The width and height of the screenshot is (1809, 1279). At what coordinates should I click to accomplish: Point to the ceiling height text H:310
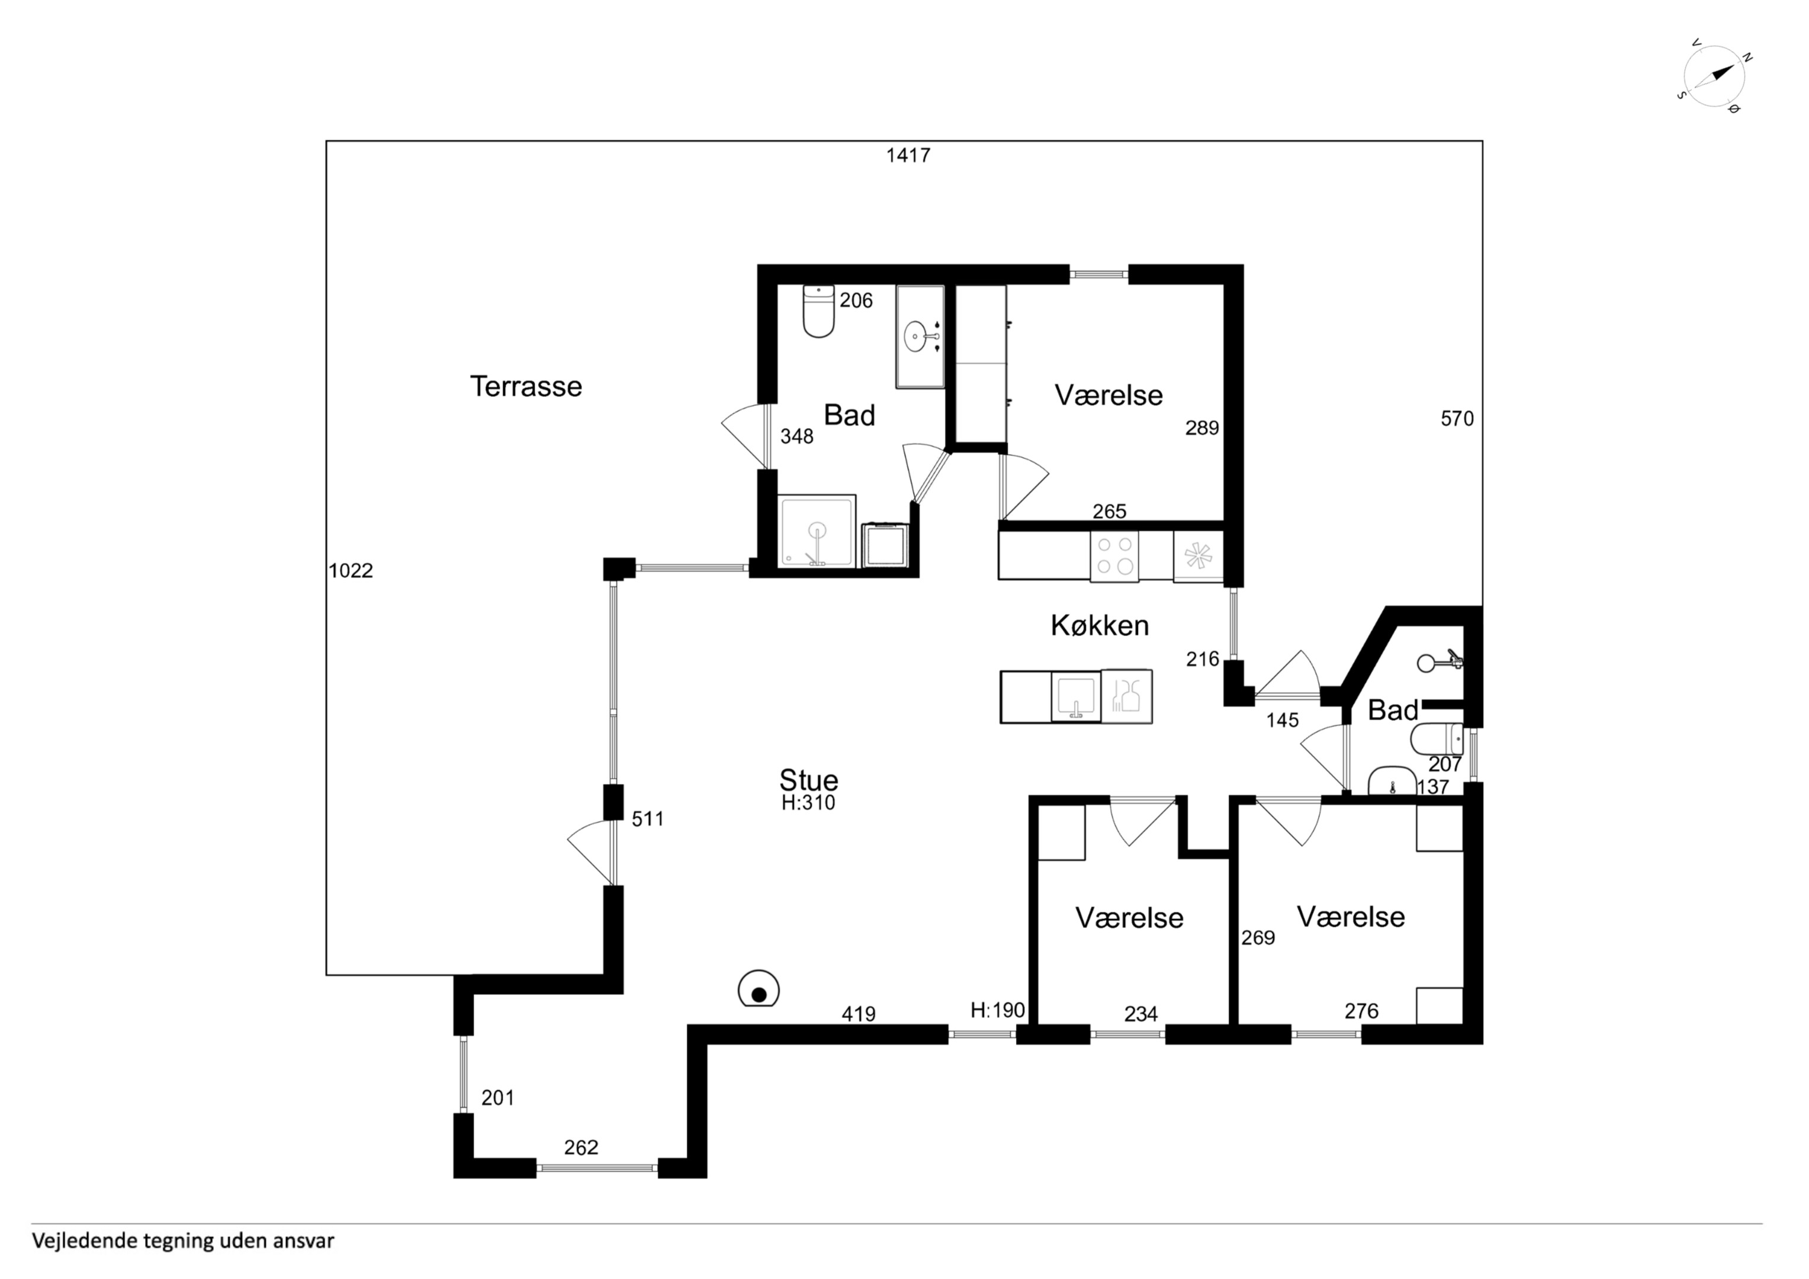click(x=808, y=803)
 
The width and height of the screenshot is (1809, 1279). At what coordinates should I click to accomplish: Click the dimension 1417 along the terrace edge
click(x=908, y=155)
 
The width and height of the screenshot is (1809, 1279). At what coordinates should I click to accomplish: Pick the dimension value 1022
click(x=351, y=571)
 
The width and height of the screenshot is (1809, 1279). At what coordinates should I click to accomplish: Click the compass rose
click(x=1714, y=77)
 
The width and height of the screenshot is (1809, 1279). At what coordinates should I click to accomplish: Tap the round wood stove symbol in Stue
click(x=759, y=988)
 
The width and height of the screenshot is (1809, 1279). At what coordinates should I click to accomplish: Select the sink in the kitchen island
click(x=1075, y=696)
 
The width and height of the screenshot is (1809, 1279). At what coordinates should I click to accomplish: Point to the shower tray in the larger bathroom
click(x=817, y=531)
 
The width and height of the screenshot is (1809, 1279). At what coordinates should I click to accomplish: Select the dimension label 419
click(x=858, y=1014)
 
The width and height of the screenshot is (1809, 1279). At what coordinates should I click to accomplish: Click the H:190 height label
click(x=998, y=1010)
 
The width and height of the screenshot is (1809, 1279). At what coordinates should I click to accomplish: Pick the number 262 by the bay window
click(x=581, y=1148)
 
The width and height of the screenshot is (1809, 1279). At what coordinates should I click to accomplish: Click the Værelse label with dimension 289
click(x=1108, y=395)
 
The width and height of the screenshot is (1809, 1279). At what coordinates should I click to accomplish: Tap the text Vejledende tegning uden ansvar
click(x=183, y=1241)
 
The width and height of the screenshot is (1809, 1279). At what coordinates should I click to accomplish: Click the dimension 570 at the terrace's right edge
click(x=1457, y=419)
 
